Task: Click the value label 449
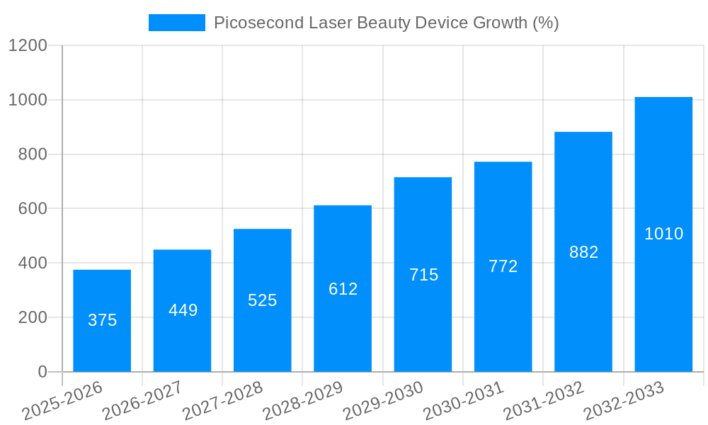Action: point(183,310)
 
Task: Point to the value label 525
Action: point(262,300)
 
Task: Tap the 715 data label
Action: point(423,275)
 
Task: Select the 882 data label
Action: point(583,252)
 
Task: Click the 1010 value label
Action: point(663,234)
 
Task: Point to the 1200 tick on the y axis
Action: point(28,46)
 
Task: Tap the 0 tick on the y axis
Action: point(42,372)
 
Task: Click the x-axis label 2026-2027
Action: point(142,401)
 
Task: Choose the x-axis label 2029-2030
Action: point(383,401)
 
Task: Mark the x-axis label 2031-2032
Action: point(544,401)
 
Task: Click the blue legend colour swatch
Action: point(176,23)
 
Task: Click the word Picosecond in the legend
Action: point(258,23)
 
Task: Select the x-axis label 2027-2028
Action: point(222,401)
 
